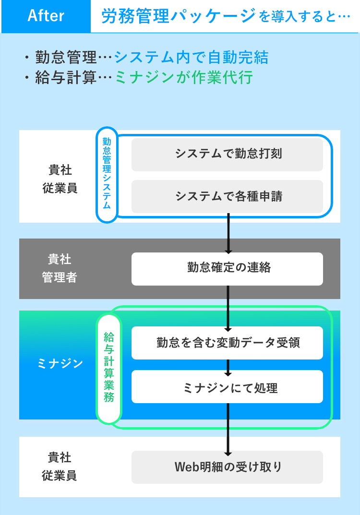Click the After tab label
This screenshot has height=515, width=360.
pyautogui.click(x=46, y=16)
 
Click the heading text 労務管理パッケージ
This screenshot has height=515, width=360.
pyautogui.click(x=179, y=16)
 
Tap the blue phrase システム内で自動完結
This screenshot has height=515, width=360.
pyautogui.click(x=191, y=57)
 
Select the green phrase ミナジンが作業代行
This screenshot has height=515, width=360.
pyautogui.click(x=184, y=77)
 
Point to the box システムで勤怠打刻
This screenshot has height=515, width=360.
pyautogui.click(x=228, y=155)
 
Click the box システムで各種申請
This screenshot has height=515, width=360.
pyautogui.click(x=228, y=196)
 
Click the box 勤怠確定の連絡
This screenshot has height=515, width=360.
pyautogui.click(x=228, y=269)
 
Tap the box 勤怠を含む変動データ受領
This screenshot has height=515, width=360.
pyautogui.click(x=228, y=343)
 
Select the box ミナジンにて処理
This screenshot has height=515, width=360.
pyautogui.click(x=228, y=386)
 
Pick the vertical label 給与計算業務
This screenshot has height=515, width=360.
pyautogui.click(x=109, y=369)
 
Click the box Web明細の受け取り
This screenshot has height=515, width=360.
pyautogui.click(x=228, y=467)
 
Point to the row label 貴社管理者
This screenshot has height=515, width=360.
pyautogui.click(x=60, y=268)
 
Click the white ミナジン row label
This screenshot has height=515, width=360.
pyautogui.click(x=60, y=364)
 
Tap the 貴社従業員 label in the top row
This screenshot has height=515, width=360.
pyautogui.click(x=60, y=179)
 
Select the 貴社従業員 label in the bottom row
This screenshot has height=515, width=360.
pyautogui.click(x=60, y=467)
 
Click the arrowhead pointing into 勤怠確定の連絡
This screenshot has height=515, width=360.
pyautogui.click(x=228, y=251)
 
